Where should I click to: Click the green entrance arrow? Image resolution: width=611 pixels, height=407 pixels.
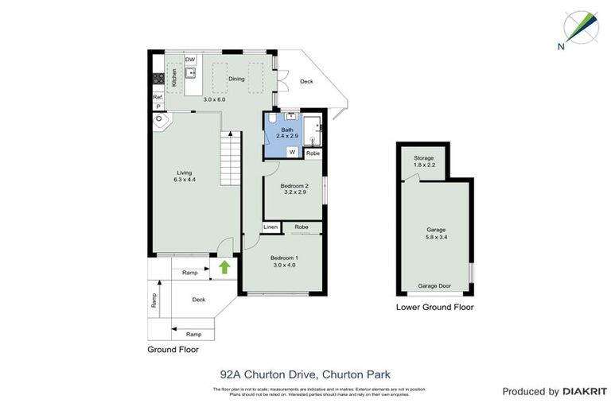click(224, 267)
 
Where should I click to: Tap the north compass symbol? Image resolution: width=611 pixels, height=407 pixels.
click(578, 29)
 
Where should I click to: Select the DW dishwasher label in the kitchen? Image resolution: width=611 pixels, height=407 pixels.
click(190, 60)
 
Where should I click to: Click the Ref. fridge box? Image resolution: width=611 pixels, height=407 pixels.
click(158, 97)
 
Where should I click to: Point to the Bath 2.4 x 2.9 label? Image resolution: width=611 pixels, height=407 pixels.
click(287, 133)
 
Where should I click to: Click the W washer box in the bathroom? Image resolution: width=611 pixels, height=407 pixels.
click(292, 151)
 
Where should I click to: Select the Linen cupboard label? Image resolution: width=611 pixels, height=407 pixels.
click(271, 227)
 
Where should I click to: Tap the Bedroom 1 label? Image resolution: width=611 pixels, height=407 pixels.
click(283, 261)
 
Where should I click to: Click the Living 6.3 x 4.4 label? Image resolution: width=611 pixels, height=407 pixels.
click(185, 176)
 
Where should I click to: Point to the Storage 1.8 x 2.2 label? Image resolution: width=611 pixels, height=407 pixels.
click(423, 161)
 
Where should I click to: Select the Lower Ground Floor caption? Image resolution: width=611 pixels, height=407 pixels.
click(434, 307)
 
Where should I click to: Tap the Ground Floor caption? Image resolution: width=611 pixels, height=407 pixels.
click(173, 349)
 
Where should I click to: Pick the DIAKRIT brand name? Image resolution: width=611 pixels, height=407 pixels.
click(585, 392)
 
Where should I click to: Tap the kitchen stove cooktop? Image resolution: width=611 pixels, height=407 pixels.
click(158, 78)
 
